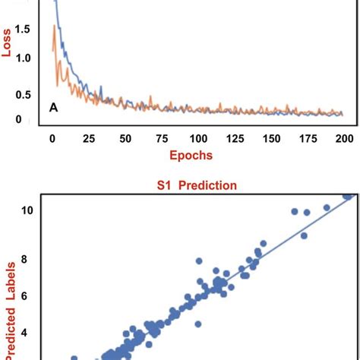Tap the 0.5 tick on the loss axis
click(24, 95)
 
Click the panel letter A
click(54, 107)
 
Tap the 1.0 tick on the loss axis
click(24, 58)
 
